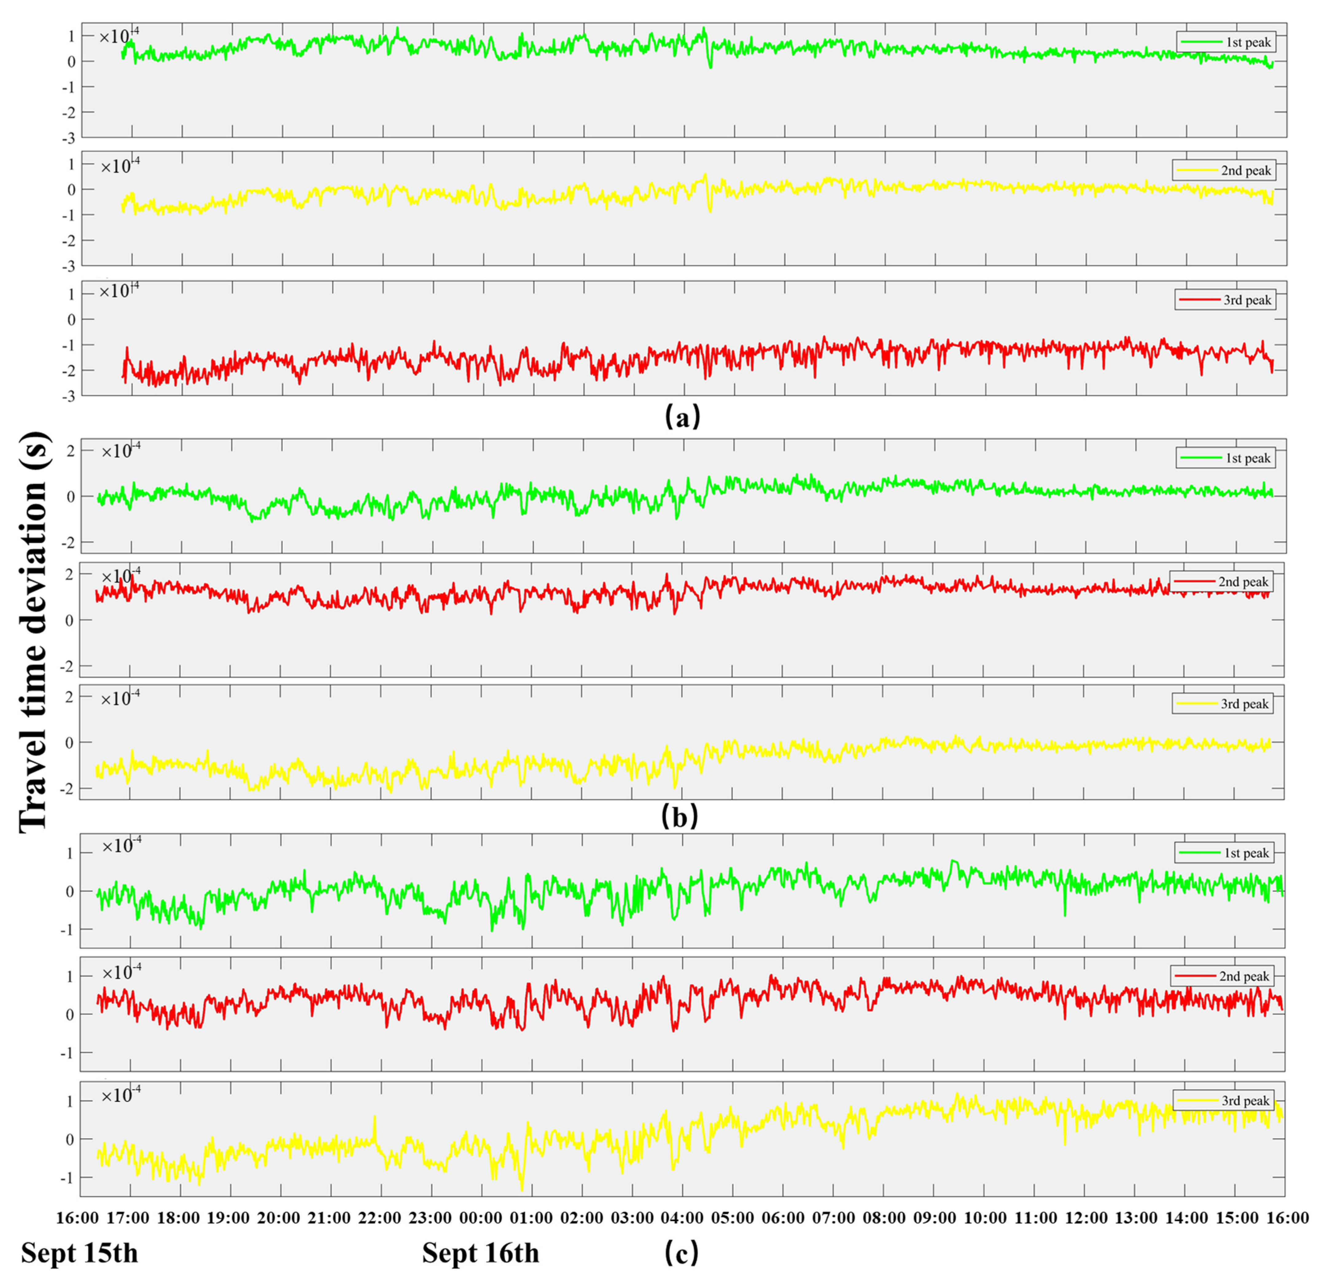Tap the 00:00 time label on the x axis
pos(480,1217)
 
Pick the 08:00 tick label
pos(884,1217)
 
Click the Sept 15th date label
pos(79,1253)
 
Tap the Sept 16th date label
pos(481,1253)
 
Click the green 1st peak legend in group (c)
pos(1224,853)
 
